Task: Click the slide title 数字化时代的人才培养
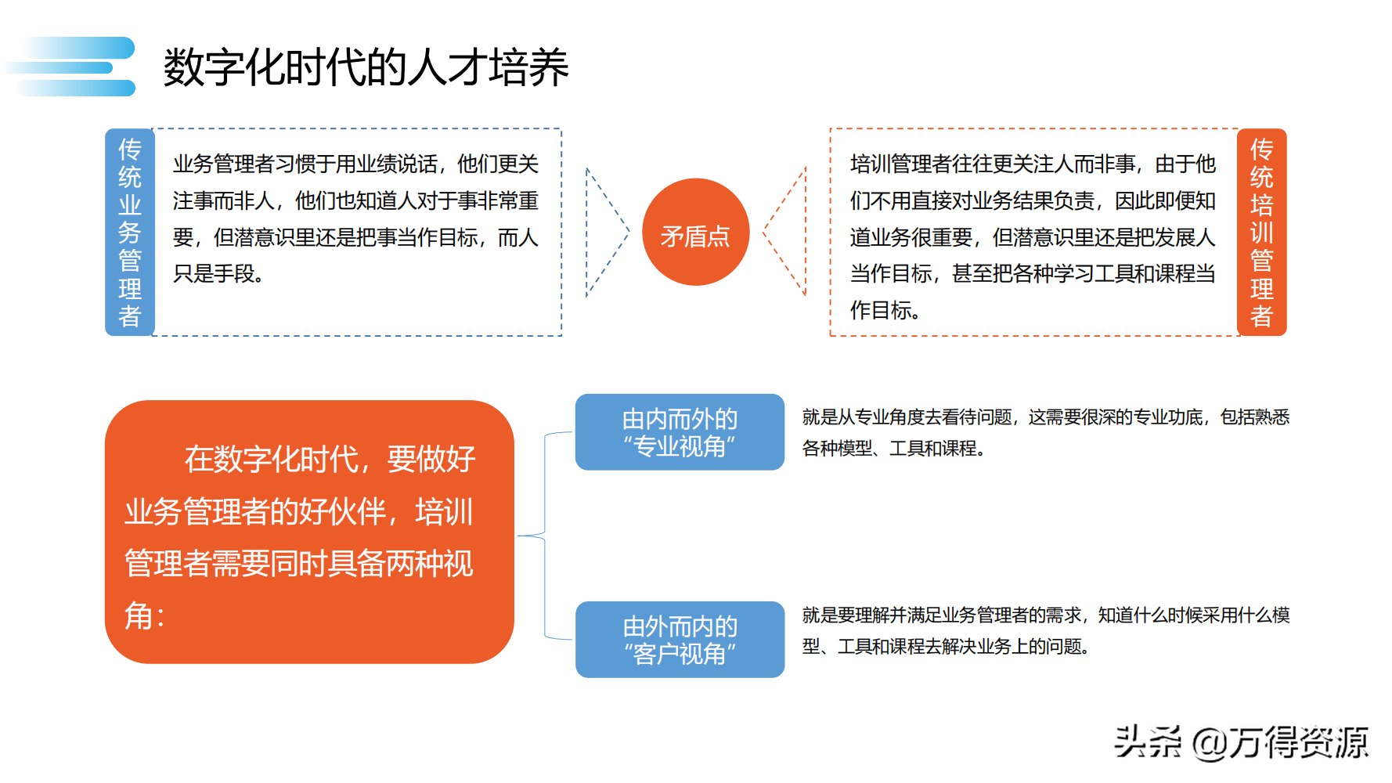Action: [x=366, y=67]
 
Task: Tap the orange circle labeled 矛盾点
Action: [x=695, y=233]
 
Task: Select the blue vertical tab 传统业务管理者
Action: [x=130, y=233]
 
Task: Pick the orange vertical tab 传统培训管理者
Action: [x=1261, y=233]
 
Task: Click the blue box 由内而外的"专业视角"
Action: [x=680, y=432]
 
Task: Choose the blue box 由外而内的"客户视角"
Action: [x=680, y=640]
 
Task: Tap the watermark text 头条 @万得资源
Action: [x=1241, y=742]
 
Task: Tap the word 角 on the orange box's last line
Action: [x=139, y=616]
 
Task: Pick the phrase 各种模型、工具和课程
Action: [x=889, y=449]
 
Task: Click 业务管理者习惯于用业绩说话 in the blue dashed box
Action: [x=305, y=164]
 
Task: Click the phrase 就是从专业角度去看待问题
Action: [x=907, y=417]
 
